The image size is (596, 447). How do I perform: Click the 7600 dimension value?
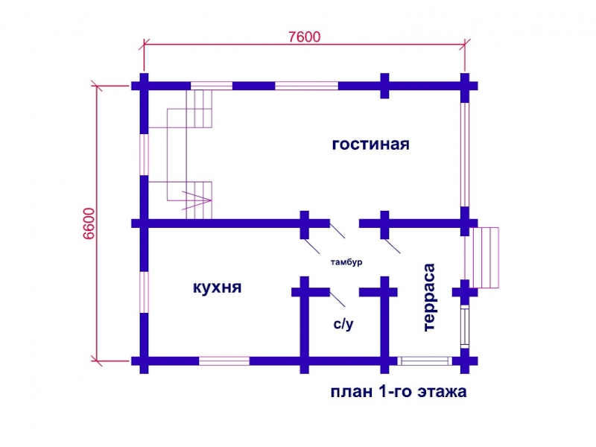(x=305, y=37)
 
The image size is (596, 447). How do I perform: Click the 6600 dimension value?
(x=89, y=223)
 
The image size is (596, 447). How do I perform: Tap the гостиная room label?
(x=370, y=145)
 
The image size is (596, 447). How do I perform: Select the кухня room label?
(x=217, y=288)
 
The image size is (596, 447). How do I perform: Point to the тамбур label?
(x=346, y=262)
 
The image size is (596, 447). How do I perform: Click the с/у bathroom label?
(x=343, y=324)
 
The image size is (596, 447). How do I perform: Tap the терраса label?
(x=429, y=297)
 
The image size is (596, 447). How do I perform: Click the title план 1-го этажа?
(x=399, y=392)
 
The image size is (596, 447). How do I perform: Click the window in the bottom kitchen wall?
(x=224, y=361)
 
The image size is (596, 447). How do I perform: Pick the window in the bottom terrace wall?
(x=425, y=361)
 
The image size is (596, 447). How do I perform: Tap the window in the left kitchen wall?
(x=144, y=292)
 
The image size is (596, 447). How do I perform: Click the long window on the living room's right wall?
(x=465, y=155)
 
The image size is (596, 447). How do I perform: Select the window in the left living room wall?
(x=144, y=155)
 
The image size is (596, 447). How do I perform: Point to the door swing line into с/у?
(x=337, y=299)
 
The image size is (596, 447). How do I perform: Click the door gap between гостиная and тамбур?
(x=344, y=223)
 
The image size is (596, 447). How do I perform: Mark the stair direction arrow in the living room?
(x=197, y=200)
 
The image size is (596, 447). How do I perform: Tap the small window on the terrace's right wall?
(x=465, y=328)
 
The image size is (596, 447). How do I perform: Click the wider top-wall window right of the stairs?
(x=306, y=86)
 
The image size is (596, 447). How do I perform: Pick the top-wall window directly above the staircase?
(x=212, y=86)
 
